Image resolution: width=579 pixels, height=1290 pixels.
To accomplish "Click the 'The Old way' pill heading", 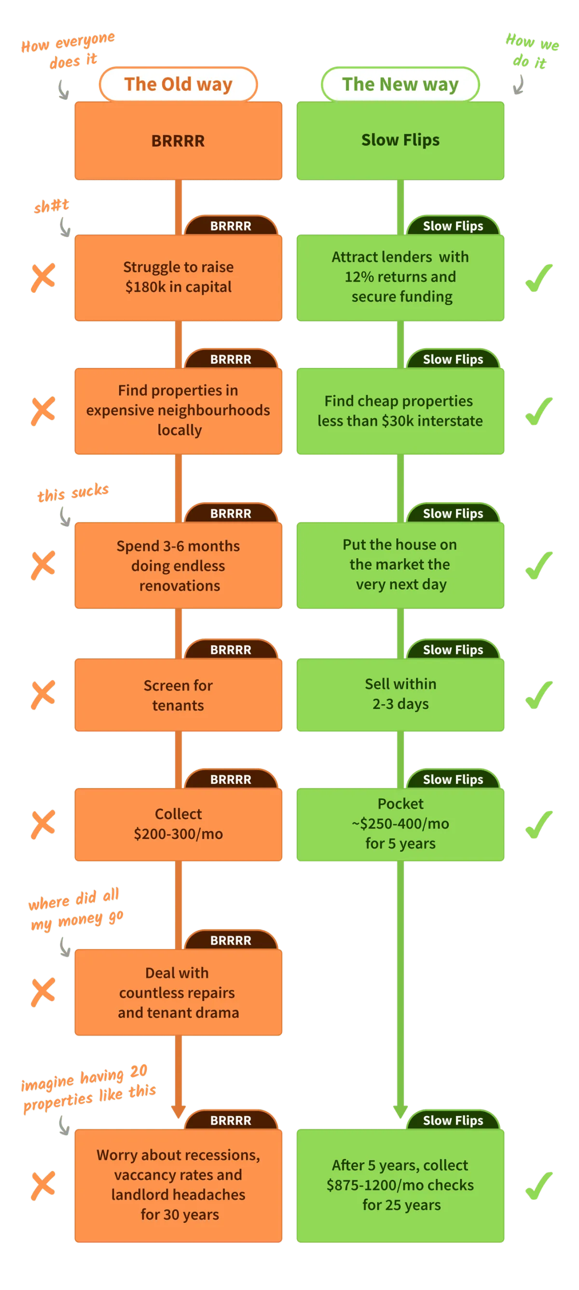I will pyautogui.click(x=179, y=84).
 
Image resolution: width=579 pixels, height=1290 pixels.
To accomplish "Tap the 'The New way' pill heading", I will pyautogui.click(x=400, y=84).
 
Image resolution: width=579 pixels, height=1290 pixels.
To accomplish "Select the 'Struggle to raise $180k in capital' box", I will pyautogui.click(x=179, y=277).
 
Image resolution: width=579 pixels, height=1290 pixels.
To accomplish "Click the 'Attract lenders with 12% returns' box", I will pyautogui.click(x=400, y=277).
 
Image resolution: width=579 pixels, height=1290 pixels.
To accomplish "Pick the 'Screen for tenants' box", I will pyautogui.click(x=179, y=695).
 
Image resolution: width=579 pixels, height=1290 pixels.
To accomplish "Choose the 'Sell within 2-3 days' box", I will pyautogui.click(x=400, y=694).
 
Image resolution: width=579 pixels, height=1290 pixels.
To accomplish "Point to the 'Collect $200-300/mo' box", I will pyautogui.click(x=179, y=824).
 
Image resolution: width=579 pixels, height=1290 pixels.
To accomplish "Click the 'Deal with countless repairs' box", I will pyautogui.click(x=179, y=992).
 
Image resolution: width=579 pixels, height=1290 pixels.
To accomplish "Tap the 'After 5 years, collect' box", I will pyautogui.click(x=400, y=1185).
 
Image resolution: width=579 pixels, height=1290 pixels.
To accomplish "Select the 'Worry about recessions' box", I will pyautogui.click(x=179, y=1185).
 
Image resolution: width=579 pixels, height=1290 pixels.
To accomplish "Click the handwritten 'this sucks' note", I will pyautogui.click(x=73, y=492).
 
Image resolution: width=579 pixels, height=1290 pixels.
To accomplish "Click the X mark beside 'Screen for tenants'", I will pyautogui.click(x=43, y=695).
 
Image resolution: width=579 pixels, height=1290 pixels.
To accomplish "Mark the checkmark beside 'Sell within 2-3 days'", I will pyautogui.click(x=539, y=695).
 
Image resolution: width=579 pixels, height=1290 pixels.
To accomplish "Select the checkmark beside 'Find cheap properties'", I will pyautogui.click(x=539, y=411).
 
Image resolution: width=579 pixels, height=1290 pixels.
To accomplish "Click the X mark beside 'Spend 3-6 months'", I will pyautogui.click(x=43, y=565).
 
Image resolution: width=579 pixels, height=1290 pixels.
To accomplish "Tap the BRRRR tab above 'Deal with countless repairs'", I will pyautogui.click(x=231, y=940).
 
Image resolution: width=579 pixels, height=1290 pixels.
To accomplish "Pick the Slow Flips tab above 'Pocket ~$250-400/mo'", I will pyautogui.click(x=453, y=779).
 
